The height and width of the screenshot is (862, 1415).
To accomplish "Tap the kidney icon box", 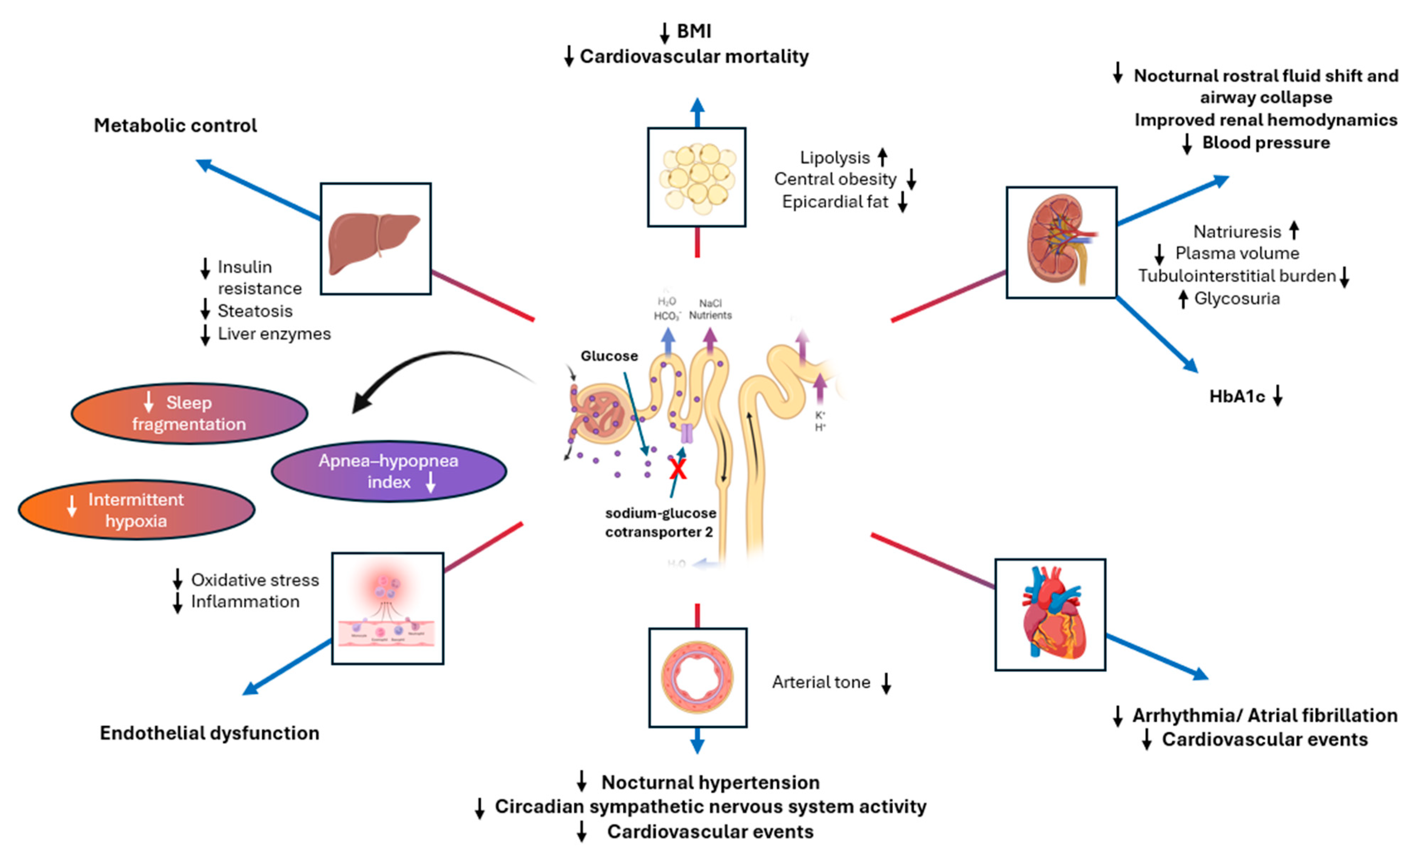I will click(1061, 242).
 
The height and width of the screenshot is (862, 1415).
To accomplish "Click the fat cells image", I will click(696, 177).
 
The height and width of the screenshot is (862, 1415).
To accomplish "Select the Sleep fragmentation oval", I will click(189, 413).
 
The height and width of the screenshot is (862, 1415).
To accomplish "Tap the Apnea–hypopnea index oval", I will click(389, 471).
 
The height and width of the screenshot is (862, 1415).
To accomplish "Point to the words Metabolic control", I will click(175, 125).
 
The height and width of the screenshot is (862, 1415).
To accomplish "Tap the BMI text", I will click(694, 31).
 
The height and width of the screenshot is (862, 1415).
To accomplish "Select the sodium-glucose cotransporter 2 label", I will click(660, 522).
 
